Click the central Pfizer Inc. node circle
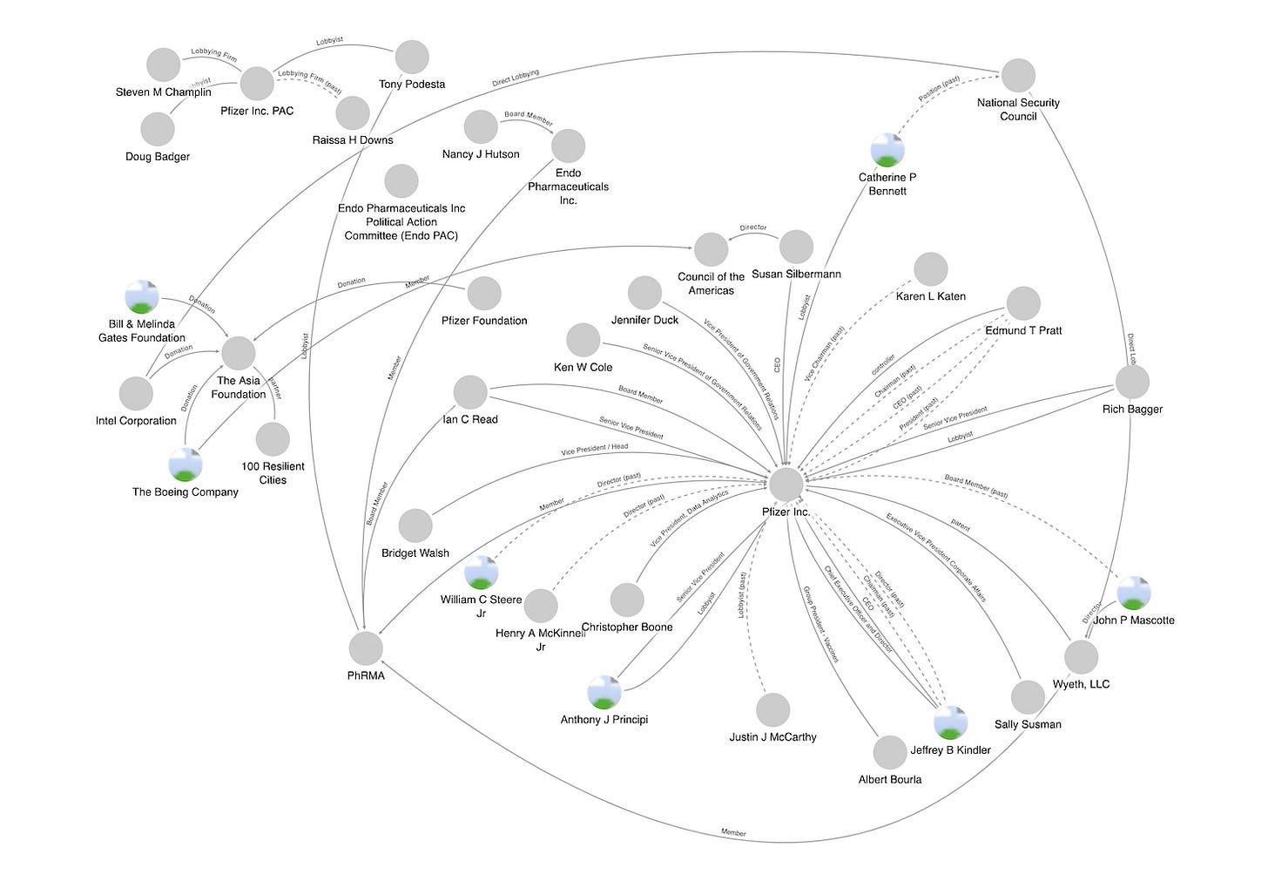[x=786, y=484]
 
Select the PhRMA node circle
[x=366, y=648]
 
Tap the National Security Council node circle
[x=1018, y=76]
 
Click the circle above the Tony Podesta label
[x=412, y=58]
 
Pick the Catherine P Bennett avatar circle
[x=887, y=150]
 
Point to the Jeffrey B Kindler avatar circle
[x=950, y=722]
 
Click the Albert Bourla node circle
[x=890, y=752]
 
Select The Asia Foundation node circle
[x=239, y=353]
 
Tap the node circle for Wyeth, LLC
[x=1081, y=657]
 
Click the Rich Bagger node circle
[x=1132, y=382]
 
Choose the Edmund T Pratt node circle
[x=1023, y=303]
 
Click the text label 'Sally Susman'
[x=1028, y=724]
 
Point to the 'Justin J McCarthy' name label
[x=772, y=737]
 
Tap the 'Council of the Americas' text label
[x=711, y=284]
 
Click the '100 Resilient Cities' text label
[x=273, y=473]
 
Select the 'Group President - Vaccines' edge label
[x=820, y=624]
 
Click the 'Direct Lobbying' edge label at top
[x=516, y=78]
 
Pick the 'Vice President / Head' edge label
[x=594, y=450]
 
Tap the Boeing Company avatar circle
[x=185, y=464]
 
